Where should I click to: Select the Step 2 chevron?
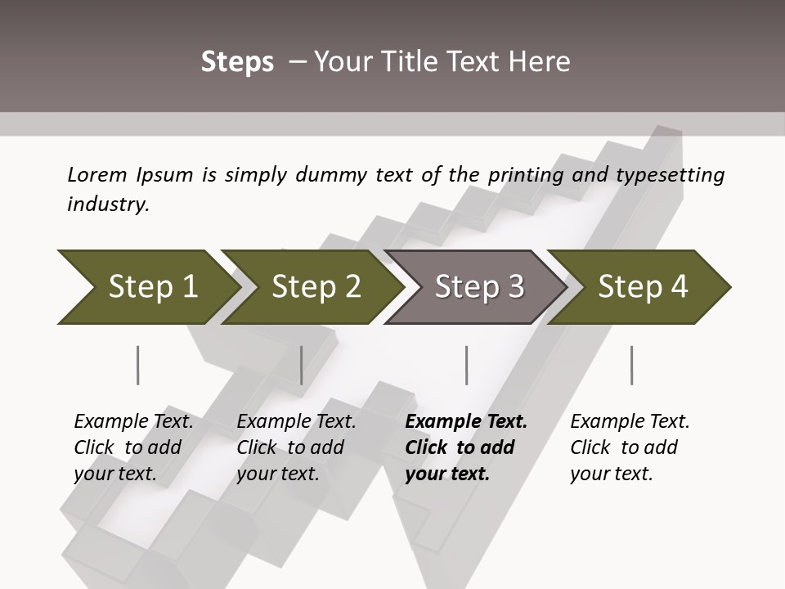315,286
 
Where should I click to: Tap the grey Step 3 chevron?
478,286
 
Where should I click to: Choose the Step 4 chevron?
642,286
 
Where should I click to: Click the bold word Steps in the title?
237,62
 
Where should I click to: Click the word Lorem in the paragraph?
97,174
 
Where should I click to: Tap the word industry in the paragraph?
108,205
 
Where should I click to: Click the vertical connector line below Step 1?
137,365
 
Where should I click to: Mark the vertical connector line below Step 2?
302,365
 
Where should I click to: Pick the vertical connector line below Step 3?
466,365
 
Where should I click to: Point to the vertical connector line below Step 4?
631,365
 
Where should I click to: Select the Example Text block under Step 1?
133,447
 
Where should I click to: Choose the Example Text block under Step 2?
296,447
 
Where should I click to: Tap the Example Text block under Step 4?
630,447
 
